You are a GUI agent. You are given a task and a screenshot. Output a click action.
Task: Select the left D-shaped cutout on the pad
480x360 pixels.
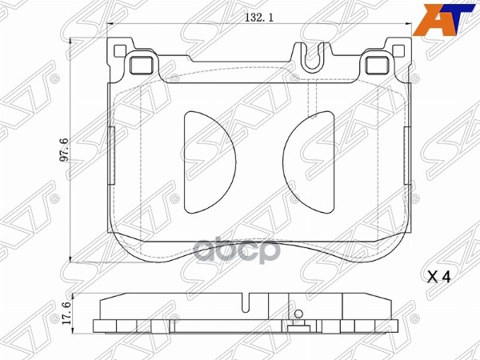pos(207,162)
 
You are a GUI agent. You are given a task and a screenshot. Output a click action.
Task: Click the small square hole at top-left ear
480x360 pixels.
pos(121,54)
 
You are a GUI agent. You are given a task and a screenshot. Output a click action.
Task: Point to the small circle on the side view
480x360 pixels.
pos(298,315)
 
